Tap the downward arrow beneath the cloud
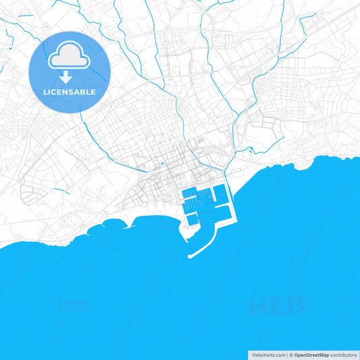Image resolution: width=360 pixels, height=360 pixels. (66, 76)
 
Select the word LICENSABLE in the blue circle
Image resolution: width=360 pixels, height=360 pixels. (70, 91)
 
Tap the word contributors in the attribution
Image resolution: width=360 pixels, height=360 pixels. (343, 355)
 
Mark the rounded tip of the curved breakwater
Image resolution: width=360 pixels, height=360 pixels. (190, 256)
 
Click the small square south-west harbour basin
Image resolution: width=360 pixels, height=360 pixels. (192, 218)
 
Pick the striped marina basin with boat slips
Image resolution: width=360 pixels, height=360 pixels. (197, 199)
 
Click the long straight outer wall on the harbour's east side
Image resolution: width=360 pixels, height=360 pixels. (234, 203)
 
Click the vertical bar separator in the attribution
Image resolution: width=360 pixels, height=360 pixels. (287, 355)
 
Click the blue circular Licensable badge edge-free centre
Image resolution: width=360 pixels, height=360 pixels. (70, 72)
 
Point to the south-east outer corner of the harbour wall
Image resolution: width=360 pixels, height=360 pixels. (236, 222)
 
